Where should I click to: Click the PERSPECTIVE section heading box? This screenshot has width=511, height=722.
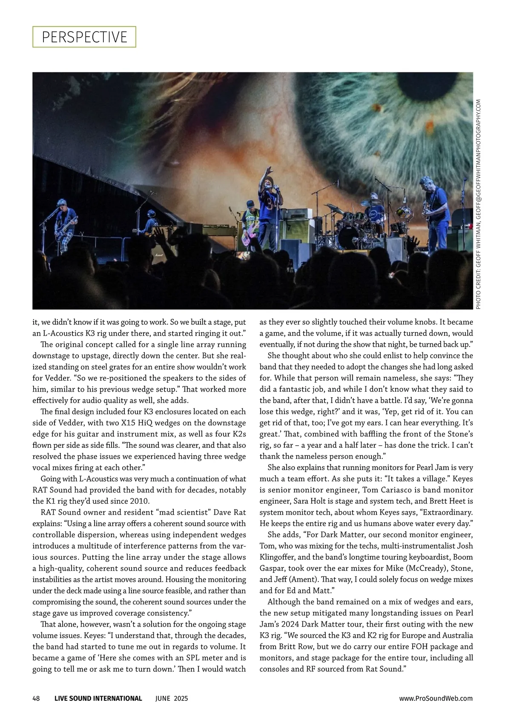pyautogui.click(x=84, y=37)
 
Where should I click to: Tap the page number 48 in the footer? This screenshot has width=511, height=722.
pyautogui.click(x=36, y=698)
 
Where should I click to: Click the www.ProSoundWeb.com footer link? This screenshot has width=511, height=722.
pyautogui.click(x=436, y=698)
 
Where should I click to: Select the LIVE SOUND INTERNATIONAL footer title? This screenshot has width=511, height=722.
pyautogui.click(x=98, y=698)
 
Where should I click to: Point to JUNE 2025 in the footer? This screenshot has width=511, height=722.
pyautogui.click(x=171, y=698)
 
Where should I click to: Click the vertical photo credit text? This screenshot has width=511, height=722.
pyautogui.click(x=478, y=204)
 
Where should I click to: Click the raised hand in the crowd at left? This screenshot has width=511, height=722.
pyautogui.click(x=158, y=233)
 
